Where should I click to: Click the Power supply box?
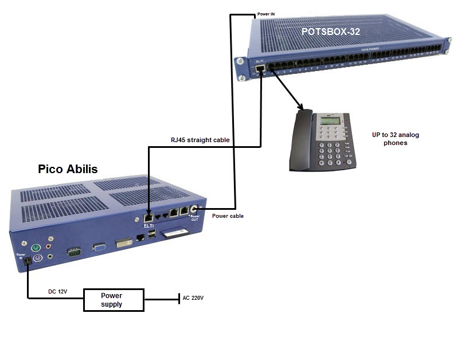[114, 300]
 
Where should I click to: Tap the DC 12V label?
[58, 292]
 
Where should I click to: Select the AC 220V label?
[193, 298]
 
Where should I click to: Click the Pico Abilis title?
[68, 169]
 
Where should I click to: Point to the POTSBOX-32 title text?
[331, 32]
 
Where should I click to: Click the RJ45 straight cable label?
[198, 139]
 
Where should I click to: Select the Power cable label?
[228, 216]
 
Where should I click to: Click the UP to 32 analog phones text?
[396, 139]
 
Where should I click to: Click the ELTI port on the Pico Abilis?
[149, 217]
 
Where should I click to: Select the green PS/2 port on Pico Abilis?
[36, 248]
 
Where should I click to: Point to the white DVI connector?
[124, 242]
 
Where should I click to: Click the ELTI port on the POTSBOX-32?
[261, 69]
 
